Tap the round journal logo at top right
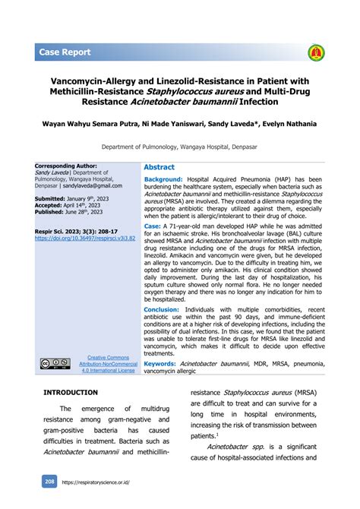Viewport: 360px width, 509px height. click(315, 52)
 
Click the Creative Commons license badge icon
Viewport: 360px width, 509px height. click(55, 364)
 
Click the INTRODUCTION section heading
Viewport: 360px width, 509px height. click(71, 392)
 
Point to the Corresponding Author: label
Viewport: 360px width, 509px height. click(66, 165)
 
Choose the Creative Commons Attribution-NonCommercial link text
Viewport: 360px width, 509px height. click(107, 364)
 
